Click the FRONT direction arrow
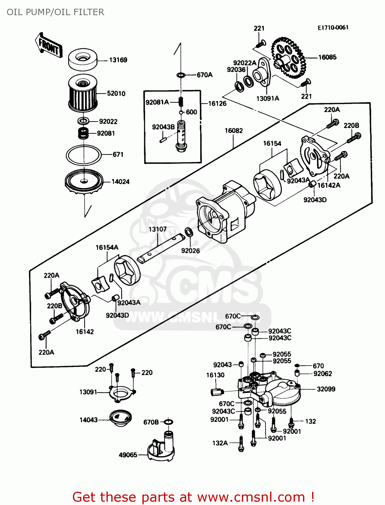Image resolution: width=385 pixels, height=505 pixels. [49, 45]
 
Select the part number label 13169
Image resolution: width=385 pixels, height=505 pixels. [118, 60]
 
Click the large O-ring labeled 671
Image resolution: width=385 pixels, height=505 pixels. [84, 155]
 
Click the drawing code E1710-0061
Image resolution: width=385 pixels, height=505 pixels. [333, 28]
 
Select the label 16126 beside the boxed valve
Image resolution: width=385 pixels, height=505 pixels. [217, 103]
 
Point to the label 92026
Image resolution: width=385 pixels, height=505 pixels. [190, 251]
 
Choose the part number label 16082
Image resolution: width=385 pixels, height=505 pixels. [233, 131]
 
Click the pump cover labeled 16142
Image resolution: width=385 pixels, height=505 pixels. [75, 301]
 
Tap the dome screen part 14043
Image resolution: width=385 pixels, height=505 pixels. [120, 417]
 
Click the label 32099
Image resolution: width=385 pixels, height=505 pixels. [326, 389]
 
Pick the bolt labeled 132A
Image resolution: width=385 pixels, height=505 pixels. [241, 443]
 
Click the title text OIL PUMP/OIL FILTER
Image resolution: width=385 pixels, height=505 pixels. [55, 12]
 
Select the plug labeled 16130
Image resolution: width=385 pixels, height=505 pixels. [217, 392]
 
